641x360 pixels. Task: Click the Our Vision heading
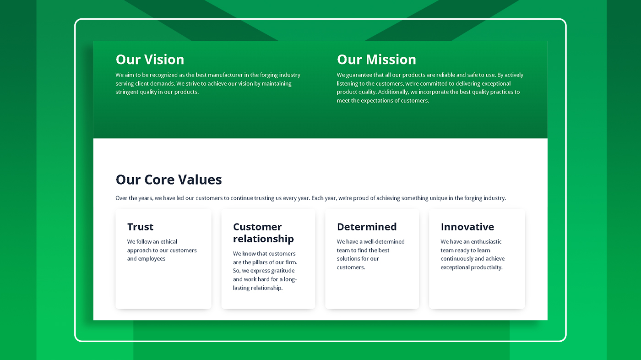click(150, 60)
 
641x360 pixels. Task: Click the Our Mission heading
click(376, 60)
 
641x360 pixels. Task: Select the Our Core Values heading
click(168, 180)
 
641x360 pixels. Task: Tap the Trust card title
click(140, 227)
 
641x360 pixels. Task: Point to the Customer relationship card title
click(263, 233)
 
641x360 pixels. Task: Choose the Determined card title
click(367, 227)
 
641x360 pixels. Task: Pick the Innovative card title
click(467, 227)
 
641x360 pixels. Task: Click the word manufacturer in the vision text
click(225, 75)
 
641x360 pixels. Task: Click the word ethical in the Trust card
click(168, 241)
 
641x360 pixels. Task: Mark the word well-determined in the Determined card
click(384, 241)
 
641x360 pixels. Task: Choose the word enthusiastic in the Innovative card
click(486, 241)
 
